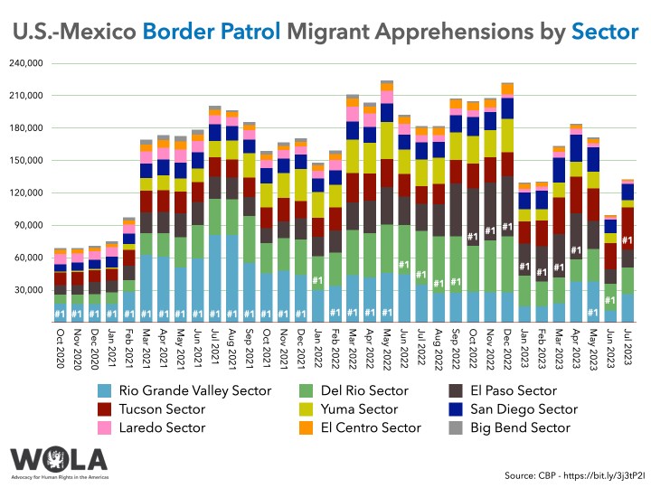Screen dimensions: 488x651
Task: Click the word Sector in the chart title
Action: pyautogui.click(x=605, y=33)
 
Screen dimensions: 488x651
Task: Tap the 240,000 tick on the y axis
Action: pyautogui.click(x=27, y=63)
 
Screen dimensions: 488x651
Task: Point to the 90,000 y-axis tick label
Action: pyautogui.click(x=30, y=225)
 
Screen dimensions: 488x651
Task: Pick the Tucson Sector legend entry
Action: pyautogui.click(x=150, y=408)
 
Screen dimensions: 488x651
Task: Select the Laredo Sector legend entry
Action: pyautogui.click(x=150, y=427)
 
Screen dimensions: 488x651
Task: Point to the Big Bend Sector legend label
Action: pyautogui.click(x=524, y=427)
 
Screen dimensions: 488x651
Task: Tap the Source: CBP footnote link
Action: pyautogui.click(x=575, y=474)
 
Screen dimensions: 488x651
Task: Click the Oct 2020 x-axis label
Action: pyautogui.click(x=60, y=343)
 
